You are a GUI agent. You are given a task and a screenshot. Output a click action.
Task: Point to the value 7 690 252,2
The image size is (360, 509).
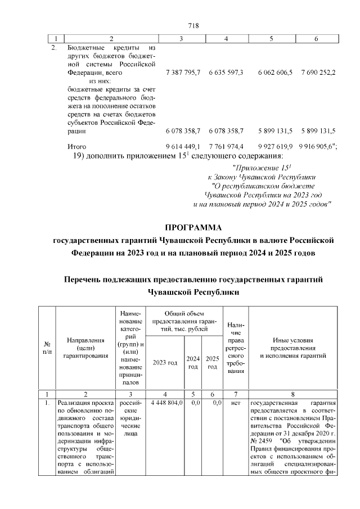coord(318,73)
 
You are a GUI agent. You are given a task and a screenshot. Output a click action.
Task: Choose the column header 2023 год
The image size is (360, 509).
coord(165,363)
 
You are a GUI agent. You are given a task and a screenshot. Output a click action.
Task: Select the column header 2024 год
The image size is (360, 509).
coord(193,363)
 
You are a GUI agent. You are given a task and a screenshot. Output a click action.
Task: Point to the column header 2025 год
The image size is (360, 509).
coord(212,363)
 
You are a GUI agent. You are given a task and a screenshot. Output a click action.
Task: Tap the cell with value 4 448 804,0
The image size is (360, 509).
coord(165,403)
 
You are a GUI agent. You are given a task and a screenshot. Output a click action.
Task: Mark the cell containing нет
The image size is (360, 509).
coord(236,403)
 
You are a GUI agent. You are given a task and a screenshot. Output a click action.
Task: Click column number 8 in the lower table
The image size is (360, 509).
coord(293,394)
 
